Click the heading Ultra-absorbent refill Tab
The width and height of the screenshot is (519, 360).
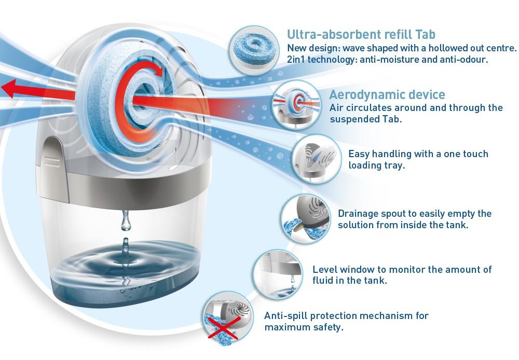361,35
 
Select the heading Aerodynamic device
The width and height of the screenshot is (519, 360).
387,95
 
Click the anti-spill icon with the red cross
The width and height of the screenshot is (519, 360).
227,316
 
